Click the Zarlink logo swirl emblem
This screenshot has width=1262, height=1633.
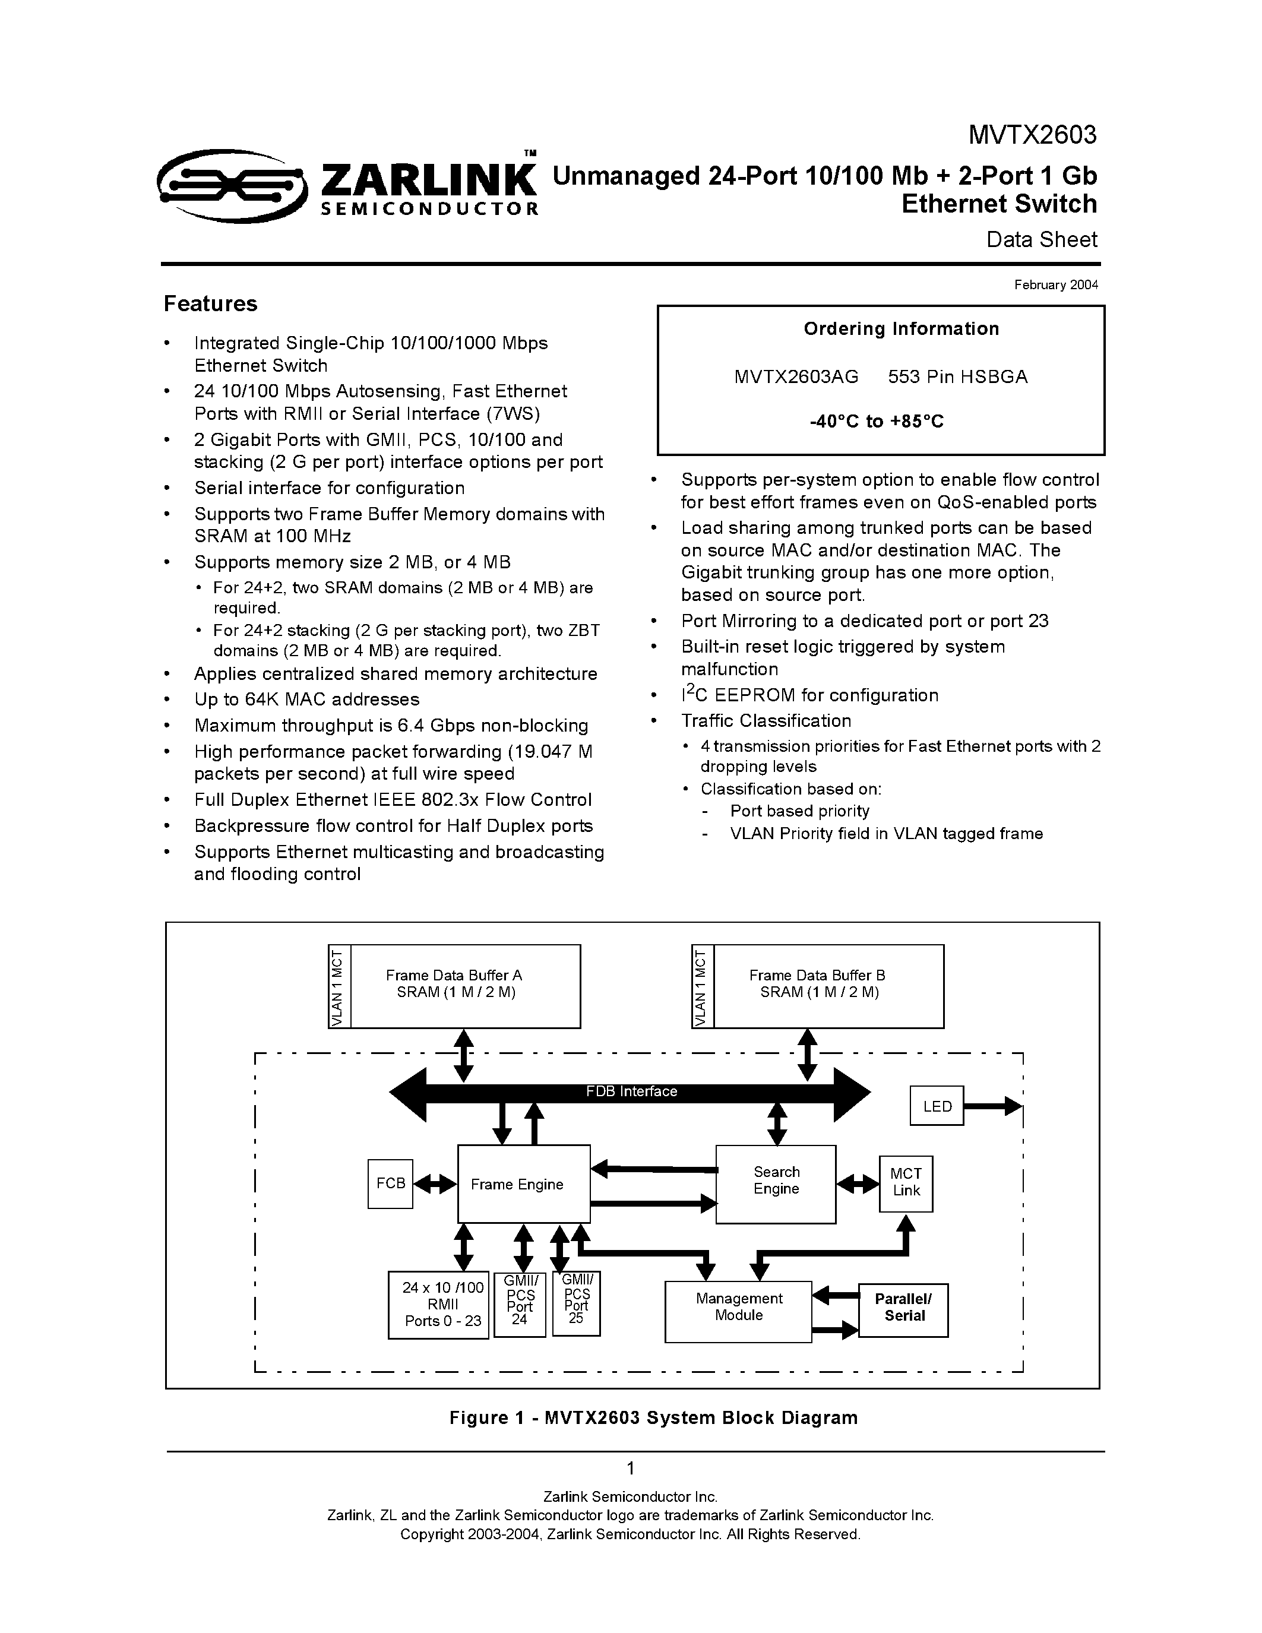(232, 185)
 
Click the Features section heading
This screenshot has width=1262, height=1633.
(210, 303)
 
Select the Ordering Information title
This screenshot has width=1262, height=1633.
(901, 329)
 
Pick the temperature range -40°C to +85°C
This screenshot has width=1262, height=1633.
(876, 422)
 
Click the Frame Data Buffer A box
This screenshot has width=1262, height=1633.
(465, 986)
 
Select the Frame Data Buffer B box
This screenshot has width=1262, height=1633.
(828, 986)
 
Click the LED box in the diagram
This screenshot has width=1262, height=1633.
(937, 1106)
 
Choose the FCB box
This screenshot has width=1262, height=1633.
(390, 1183)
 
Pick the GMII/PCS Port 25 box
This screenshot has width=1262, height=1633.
(577, 1303)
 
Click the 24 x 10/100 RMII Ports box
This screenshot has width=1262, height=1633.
(439, 1305)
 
